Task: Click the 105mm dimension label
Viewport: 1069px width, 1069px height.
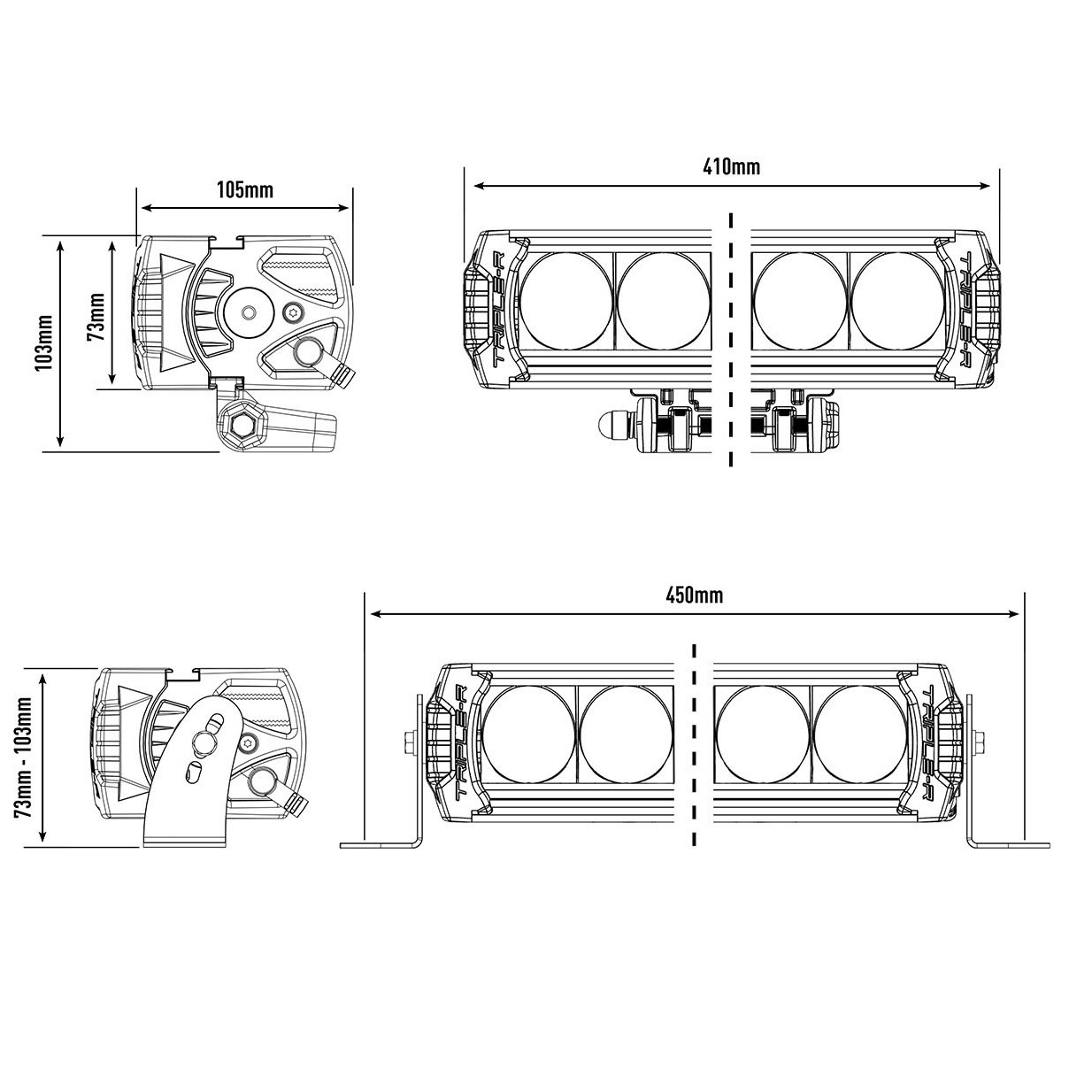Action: point(245,190)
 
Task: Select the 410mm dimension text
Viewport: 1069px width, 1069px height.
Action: point(731,167)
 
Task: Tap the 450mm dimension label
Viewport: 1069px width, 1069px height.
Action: point(694,596)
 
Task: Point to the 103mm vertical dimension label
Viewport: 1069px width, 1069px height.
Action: point(45,342)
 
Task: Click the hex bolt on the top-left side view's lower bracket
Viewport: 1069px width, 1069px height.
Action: point(242,426)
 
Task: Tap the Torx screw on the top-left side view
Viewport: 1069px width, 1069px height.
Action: point(293,311)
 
